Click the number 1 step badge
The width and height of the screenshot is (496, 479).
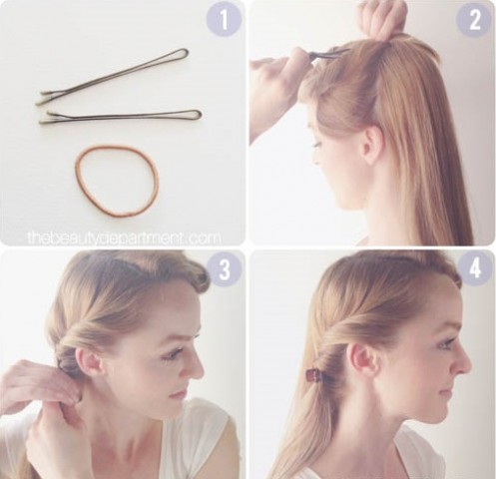tap(224, 20)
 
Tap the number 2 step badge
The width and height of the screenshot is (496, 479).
tap(474, 20)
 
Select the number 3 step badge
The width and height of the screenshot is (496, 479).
tap(224, 268)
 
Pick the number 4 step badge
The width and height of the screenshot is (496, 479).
tap(474, 268)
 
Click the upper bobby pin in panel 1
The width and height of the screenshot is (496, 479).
tap(113, 76)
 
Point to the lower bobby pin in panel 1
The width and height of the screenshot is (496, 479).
tap(120, 117)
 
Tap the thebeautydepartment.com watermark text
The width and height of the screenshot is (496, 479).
tap(124, 238)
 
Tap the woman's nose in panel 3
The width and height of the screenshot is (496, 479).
tap(196, 367)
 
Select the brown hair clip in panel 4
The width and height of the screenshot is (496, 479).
tap(314, 377)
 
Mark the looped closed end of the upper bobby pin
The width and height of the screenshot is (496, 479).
tap(185, 53)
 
